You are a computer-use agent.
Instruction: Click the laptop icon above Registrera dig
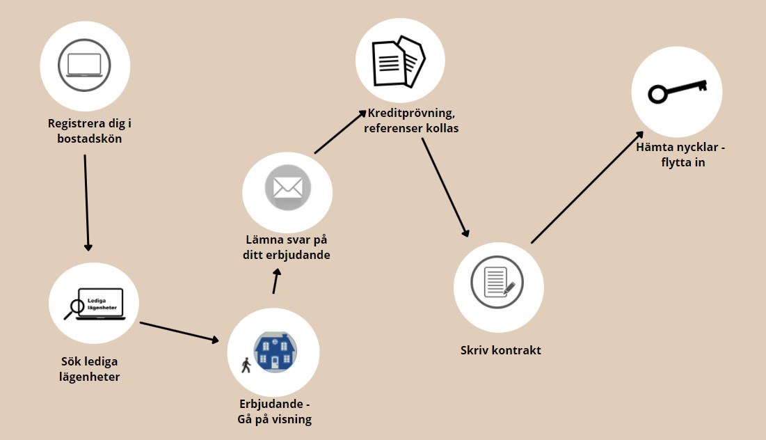84,65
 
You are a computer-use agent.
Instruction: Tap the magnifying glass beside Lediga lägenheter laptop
74,309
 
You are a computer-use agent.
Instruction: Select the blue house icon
275,352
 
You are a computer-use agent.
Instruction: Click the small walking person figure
246,365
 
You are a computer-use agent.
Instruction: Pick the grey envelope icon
288,188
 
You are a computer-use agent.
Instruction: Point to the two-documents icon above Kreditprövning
399,61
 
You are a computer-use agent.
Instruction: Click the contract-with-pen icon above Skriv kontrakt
497,282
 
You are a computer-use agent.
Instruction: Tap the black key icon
678,91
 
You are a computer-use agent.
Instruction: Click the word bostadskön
89,139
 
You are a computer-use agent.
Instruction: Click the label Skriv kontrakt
501,350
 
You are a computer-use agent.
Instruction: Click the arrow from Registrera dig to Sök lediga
86,203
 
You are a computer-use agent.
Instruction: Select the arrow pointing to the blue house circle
179,332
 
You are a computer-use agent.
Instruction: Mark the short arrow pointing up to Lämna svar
276,281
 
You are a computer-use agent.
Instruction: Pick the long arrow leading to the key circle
587,187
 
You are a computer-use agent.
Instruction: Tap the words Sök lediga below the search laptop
89,362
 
